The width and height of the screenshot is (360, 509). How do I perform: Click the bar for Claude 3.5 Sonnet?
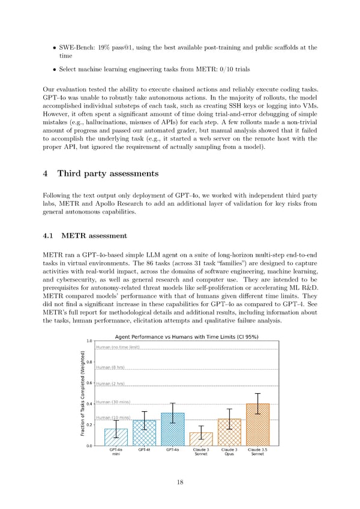[x=257, y=425]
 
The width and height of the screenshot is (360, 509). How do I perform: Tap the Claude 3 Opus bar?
[x=229, y=432]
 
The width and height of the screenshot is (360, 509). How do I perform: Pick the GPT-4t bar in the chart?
[x=144, y=433]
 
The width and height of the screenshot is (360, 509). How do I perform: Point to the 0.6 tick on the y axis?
[x=89, y=384]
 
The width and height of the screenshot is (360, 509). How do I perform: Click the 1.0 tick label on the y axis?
[x=89, y=342]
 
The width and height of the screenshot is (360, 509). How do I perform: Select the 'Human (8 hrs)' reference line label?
[x=110, y=367]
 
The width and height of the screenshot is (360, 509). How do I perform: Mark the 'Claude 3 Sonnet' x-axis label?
[x=201, y=451]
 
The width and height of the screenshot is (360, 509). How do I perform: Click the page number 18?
[x=180, y=482]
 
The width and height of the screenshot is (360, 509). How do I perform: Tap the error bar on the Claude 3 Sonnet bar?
[x=201, y=432]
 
